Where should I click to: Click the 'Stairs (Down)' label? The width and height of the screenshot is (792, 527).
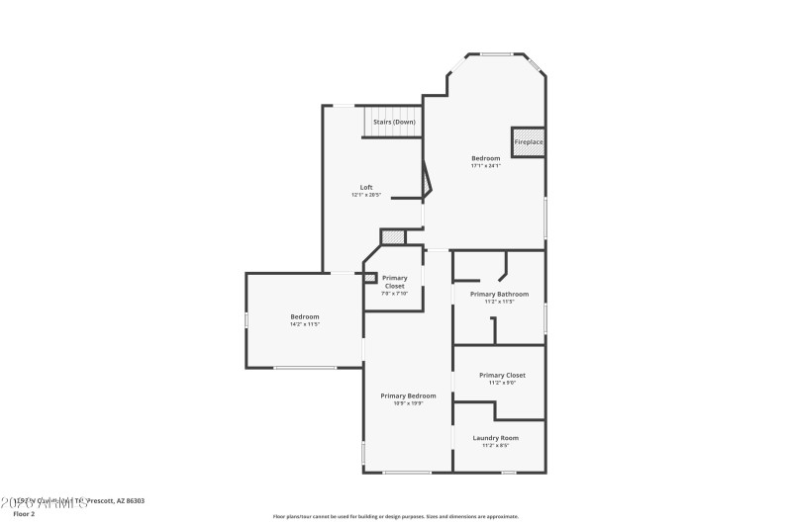coord(393,122)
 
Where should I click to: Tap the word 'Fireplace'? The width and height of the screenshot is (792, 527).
coord(528,142)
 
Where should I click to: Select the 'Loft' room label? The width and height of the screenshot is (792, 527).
coord(365,187)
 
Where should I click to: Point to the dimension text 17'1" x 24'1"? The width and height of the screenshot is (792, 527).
coord(485,166)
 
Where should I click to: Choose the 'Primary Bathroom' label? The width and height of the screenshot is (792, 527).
coord(499,294)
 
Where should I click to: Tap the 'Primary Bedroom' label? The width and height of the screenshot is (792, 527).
coord(408,395)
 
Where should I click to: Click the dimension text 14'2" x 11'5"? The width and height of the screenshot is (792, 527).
coord(305,324)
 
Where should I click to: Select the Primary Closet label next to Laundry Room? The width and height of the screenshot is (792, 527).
coord(501,375)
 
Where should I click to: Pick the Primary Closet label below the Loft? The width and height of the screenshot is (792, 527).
coord(394,282)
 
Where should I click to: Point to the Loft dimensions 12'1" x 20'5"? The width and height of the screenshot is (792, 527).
coord(365,195)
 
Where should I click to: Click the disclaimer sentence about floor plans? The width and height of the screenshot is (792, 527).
coord(395,516)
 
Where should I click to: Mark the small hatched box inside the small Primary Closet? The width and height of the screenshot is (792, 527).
coord(370,278)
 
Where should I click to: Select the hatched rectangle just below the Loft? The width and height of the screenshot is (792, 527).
coord(393,237)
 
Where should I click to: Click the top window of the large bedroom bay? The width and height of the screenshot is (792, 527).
coord(497,53)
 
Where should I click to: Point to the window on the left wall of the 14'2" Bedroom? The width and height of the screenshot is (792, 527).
coord(247,319)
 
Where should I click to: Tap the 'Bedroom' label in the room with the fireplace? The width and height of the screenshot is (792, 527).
coord(485,158)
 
